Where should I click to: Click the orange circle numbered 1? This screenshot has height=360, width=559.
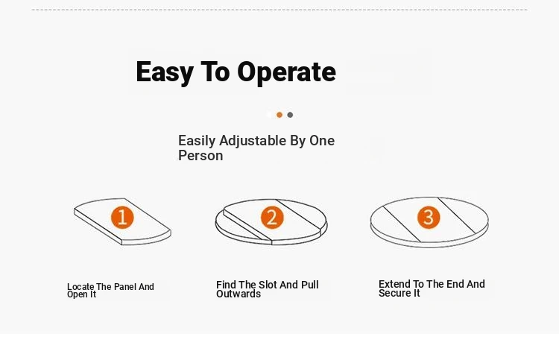pos(122,217)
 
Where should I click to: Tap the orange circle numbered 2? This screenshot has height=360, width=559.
pos(272,218)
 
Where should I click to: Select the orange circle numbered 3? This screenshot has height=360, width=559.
pos(429,217)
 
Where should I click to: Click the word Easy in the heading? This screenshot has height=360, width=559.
pos(165,72)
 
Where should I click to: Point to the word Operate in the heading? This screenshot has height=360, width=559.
pos(286,72)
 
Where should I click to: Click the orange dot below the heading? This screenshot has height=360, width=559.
pos(279,115)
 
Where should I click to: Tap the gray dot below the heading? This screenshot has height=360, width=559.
pos(290,115)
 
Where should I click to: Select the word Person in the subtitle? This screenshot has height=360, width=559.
pos(200,156)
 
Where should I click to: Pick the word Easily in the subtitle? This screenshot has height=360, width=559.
pos(197,141)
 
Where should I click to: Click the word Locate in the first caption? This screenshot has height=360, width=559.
pos(80,286)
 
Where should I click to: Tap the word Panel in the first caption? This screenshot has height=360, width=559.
pos(125,286)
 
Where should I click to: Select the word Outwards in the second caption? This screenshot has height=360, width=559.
pos(239,294)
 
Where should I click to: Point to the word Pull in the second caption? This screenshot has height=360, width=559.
pos(309,285)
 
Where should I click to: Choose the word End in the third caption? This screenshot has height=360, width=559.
pos(455,284)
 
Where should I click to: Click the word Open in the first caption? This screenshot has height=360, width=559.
pos(77,294)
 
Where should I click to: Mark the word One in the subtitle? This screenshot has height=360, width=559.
pos(322,141)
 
